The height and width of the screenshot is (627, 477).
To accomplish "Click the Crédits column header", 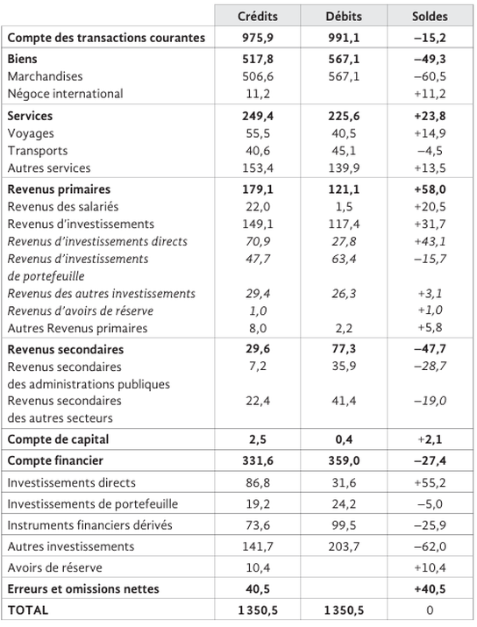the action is pyautogui.click(x=258, y=17).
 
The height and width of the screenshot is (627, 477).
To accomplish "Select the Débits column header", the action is pyautogui.click(x=344, y=17).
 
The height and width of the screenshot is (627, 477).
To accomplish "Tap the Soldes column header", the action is pyautogui.click(x=430, y=17).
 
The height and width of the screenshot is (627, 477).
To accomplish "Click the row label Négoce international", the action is pyautogui.click(x=65, y=94).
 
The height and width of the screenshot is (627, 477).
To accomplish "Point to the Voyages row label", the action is pyautogui.click(x=31, y=133).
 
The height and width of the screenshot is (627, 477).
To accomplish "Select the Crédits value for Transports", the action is pyautogui.click(x=258, y=151).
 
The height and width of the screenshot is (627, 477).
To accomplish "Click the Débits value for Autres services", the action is pyautogui.click(x=344, y=168).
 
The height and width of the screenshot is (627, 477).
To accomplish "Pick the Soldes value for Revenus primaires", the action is pyautogui.click(x=430, y=189).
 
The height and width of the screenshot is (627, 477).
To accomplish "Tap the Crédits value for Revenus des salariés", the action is pyautogui.click(x=258, y=207).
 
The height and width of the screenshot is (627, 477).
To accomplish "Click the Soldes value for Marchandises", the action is pyautogui.click(x=430, y=76).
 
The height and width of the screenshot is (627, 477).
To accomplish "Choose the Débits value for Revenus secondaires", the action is pyautogui.click(x=344, y=349).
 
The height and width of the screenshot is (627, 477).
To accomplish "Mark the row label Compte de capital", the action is pyautogui.click(x=58, y=439).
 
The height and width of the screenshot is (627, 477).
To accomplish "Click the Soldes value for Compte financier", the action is pyautogui.click(x=430, y=460).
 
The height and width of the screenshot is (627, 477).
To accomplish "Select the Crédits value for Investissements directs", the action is pyautogui.click(x=258, y=482).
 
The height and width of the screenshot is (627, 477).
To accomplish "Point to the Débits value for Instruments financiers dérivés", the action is pyautogui.click(x=344, y=525).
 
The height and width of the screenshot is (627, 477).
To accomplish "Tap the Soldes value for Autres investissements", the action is pyautogui.click(x=430, y=546).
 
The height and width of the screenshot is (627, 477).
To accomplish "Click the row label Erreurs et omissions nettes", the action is pyautogui.click(x=83, y=589).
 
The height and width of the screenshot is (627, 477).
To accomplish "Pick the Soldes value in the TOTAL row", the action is pyautogui.click(x=430, y=610).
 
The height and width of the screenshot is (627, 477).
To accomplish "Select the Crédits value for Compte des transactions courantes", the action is pyautogui.click(x=258, y=38).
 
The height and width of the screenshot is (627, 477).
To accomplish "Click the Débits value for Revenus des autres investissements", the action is pyautogui.click(x=344, y=294).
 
